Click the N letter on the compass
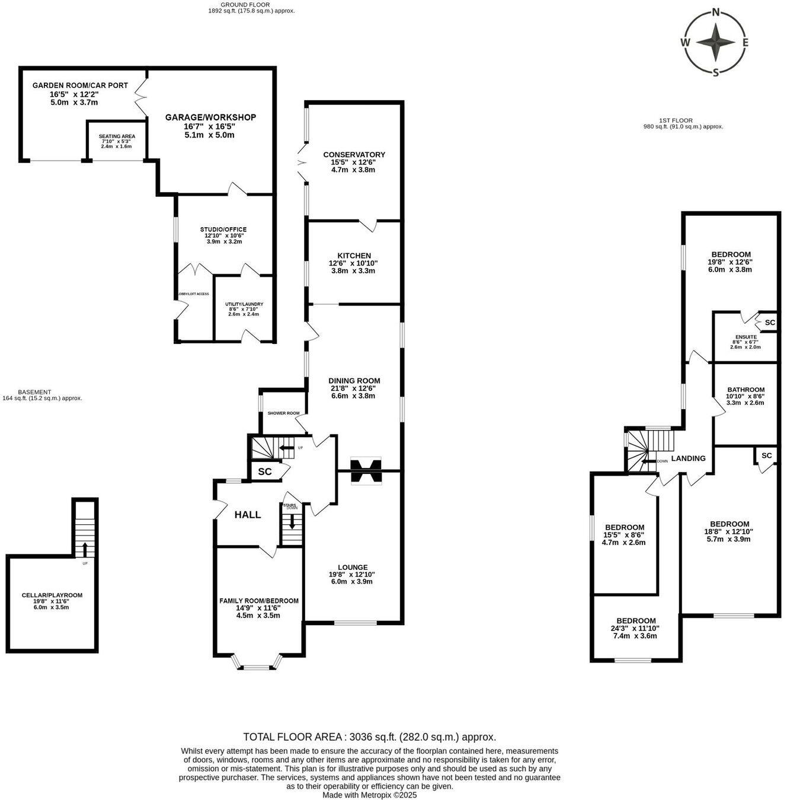pyautogui.click(x=715, y=12)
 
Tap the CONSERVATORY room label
pyautogui.click(x=354, y=155)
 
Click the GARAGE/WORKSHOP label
pyautogui.click(x=210, y=117)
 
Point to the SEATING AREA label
pyautogui.click(x=117, y=136)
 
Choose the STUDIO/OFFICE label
pyautogui.click(x=223, y=230)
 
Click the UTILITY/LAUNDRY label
pyautogui.click(x=244, y=304)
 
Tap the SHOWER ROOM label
pyautogui.click(x=283, y=413)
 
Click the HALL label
pyautogui.click(x=248, y=515)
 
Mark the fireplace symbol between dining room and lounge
pyautogui.click(x=366, y=471)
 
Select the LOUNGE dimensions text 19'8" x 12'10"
pyautogui.click(x=352, y=575)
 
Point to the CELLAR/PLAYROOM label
pyautogui.click(x=52, y=595)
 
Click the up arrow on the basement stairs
pyautogui.click(x=85, y=549)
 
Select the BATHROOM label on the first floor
pyautogui.click(x=746, y=390)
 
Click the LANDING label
pyautogui.click(x=688, y=458)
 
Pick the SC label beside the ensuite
pyautogui.click(x=770, y=323)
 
